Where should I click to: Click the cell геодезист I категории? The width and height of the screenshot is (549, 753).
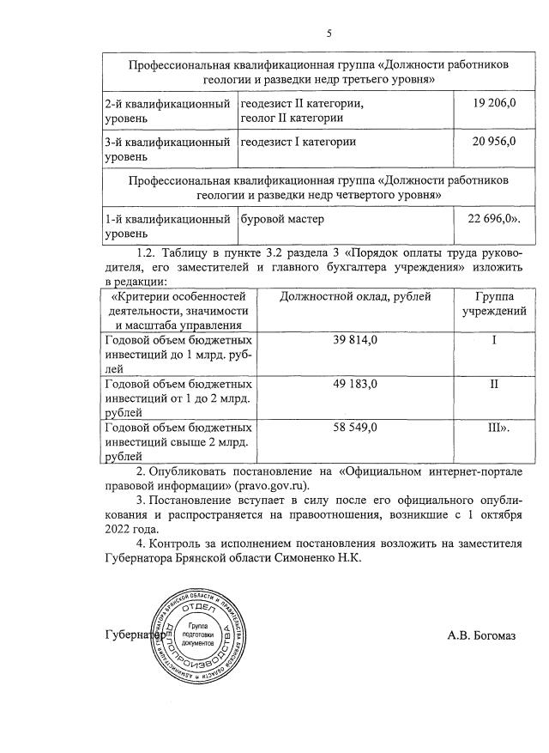[299, 142]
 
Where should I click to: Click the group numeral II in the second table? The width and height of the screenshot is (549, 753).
[494, 383]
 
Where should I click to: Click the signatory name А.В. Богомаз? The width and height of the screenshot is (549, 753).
[481, 635]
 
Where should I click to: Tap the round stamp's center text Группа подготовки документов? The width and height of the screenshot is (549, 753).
[203, 635]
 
